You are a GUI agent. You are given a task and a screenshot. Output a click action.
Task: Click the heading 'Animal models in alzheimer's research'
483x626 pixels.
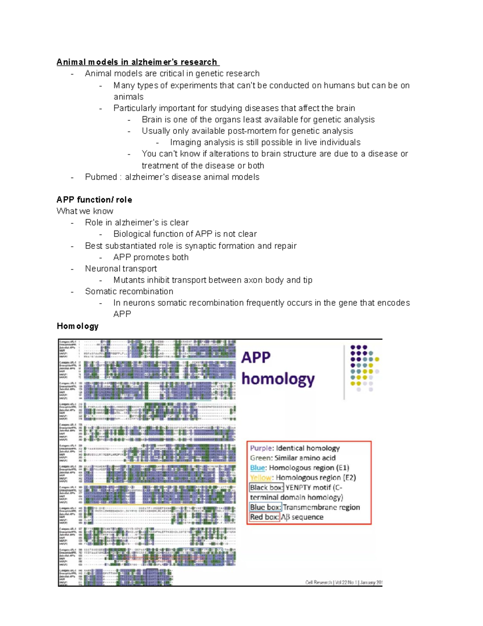tap(137, 62)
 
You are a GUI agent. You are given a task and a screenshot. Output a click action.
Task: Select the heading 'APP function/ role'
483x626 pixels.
tap(94, 200)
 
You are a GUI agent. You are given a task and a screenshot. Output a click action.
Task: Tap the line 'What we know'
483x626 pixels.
tap(85, 211)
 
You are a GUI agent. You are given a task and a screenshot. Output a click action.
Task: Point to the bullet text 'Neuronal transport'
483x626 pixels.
tap(121, 268)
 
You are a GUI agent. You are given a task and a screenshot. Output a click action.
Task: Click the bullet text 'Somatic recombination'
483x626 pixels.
tap(129, 291)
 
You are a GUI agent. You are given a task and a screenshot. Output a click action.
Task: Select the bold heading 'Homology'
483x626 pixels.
tap(77, 326)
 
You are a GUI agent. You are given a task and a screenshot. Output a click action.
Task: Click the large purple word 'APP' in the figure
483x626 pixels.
tap(256, 358)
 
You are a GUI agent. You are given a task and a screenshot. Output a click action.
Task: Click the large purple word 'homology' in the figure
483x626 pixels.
tap(278, 379)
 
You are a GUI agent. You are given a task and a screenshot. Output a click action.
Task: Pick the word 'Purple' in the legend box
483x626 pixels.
tap(261, 448)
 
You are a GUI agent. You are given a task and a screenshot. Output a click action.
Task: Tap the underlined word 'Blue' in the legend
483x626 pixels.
tap(257, 468)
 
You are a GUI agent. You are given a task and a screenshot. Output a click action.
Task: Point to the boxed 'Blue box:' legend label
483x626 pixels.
tap(265, 507)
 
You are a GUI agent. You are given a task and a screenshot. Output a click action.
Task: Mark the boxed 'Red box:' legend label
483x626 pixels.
tap(264, 517)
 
